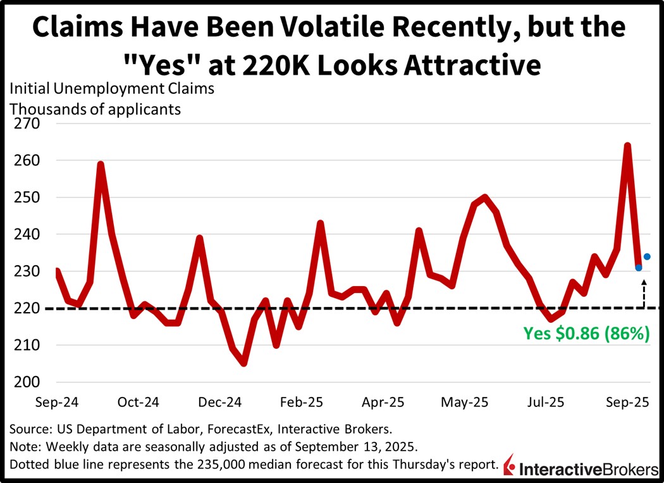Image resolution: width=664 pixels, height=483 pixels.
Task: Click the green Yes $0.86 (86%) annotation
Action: (586, 334)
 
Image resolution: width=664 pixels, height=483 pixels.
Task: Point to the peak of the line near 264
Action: (627, 146)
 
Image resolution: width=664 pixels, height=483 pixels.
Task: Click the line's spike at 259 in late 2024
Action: (101, 165)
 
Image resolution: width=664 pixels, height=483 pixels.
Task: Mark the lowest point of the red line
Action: (243, 363)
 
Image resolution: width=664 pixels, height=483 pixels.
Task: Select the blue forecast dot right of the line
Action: (647, 256)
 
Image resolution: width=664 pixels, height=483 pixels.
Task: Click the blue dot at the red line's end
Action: (639, 268)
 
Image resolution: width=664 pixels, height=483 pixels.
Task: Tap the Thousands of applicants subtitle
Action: (95, 109)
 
